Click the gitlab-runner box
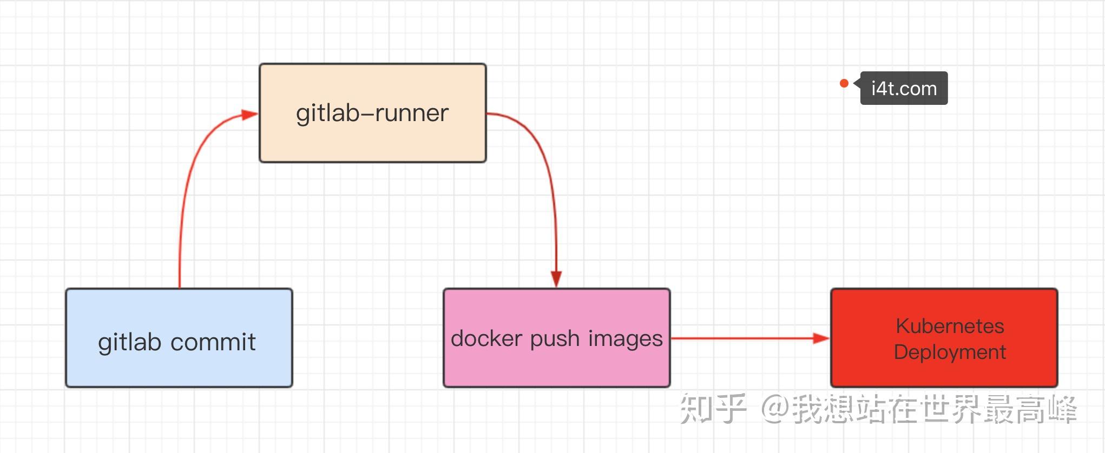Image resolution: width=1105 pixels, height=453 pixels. pyautogui.click(x=372, y=112)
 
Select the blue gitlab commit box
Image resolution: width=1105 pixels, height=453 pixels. pyautogui.click(x=179, y=338)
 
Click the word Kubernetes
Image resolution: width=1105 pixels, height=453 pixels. pyautogui.click(x=950, y=326)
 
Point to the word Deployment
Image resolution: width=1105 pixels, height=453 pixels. pyautogui.click(x=950, y=352)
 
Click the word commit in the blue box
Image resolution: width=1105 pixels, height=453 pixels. pyautogui.click(x=213, y=342)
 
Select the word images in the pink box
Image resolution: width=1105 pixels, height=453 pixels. pyautogui.click(x=625, y=339)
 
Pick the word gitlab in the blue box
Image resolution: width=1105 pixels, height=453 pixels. pyautogui.click(x=129, y=342)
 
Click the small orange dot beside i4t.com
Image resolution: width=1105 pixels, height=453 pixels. pyautogui.click(x=844, y=83)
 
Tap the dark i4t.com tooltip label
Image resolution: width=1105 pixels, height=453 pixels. pyautogui.click(x=904, y=88)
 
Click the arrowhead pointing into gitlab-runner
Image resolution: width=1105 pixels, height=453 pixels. pyautogui.click(x=249, y=115)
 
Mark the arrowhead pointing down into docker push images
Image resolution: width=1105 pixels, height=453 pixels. pyautogui.click(x=556, y=279)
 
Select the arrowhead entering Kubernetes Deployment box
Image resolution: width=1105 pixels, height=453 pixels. pyautogui.click(x=821, y=338)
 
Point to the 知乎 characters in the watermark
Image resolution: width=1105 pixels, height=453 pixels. pyautogui.click(x=712, y=409)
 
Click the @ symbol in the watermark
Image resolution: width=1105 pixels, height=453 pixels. pyautogui.click(x=775, y=409)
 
